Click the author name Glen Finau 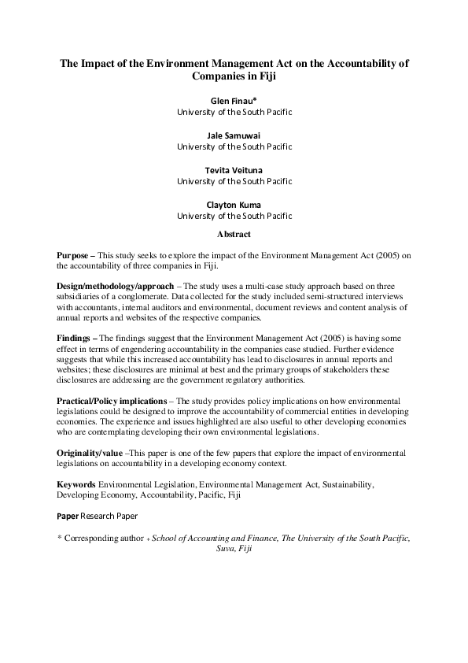234,102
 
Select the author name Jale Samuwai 234,135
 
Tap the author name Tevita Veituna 234,170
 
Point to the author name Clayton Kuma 234,205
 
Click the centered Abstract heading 234,234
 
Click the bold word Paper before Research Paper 68,516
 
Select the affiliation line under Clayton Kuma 234,215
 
